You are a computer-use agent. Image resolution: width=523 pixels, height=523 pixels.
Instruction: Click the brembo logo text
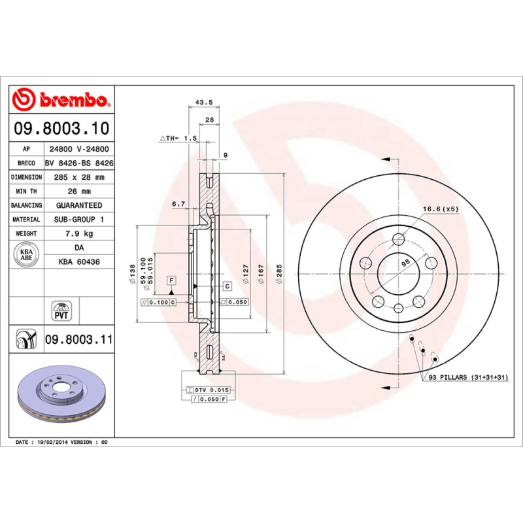coord(70,101)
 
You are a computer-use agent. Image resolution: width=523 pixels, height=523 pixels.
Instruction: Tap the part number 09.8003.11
coord(78,340)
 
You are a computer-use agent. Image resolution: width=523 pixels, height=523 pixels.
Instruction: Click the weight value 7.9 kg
coord(78,233)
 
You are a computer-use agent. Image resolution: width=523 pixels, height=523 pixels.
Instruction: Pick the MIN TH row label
coord(27,192)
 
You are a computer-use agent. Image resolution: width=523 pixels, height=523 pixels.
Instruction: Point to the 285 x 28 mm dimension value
coord(78,177)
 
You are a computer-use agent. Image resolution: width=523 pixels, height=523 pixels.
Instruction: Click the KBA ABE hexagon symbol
coord(27,253)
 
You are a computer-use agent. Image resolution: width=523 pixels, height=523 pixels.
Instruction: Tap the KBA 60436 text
coord(78,261)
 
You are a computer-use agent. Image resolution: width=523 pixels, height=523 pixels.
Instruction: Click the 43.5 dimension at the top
coord(204,102)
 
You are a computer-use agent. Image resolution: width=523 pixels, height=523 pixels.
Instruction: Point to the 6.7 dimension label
coord(178,204)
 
